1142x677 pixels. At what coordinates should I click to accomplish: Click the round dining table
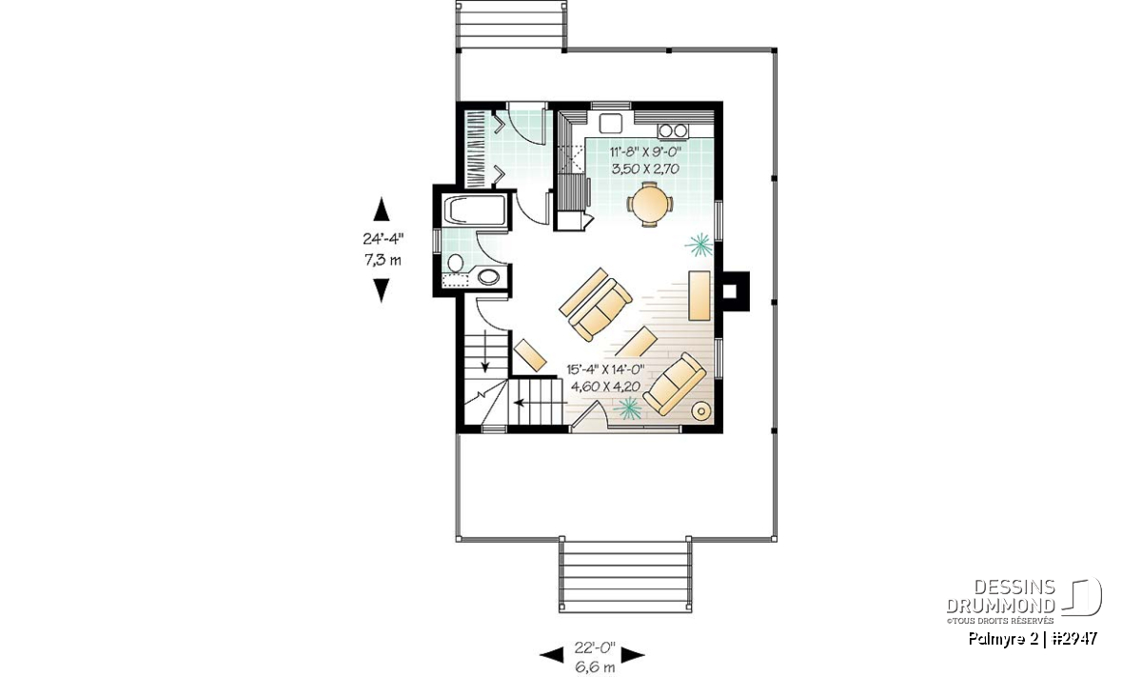[648, 205]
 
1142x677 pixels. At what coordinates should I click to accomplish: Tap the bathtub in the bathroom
[475, 209]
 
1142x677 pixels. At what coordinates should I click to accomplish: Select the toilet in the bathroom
[455, 263]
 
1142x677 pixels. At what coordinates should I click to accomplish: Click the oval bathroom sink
[488, 277]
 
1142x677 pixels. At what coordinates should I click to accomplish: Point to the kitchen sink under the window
[610, 124]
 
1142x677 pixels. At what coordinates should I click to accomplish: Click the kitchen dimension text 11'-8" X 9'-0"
[645, 151]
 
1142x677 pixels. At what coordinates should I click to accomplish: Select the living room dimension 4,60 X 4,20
[605, 387]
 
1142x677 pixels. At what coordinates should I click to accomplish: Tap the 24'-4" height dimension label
[383, 239]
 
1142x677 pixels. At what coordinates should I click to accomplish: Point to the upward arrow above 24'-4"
[382, 209]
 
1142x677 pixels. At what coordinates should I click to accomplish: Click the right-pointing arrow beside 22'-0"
[633, 655]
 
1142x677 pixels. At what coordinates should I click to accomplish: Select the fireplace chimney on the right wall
[736, 291]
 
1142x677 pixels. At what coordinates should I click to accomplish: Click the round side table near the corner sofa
[702, 410]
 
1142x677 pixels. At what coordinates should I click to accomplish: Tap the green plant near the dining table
[699, 246]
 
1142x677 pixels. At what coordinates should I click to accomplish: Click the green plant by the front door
[626, 408]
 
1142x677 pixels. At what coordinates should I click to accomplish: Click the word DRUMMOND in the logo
[1001, 606]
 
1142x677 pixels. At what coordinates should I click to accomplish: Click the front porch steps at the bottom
[625, 576]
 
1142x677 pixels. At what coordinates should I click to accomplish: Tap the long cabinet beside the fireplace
[699, 296]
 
